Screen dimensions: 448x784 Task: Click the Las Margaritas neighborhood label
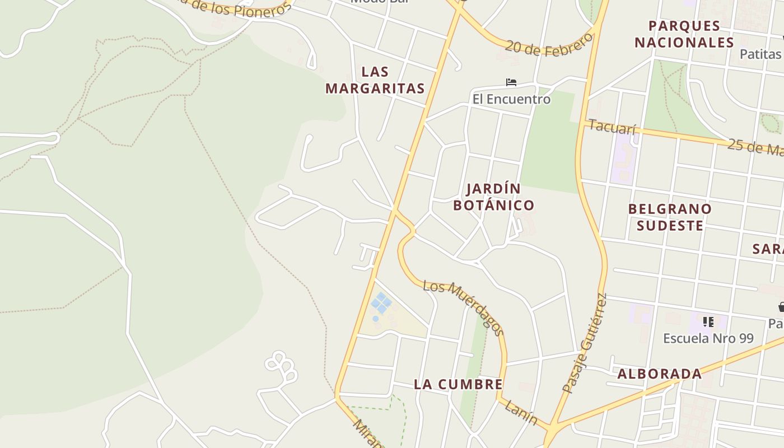[375, 80]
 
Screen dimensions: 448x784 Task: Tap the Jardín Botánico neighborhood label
[493, 197]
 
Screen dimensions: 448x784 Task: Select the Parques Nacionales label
[684, 34]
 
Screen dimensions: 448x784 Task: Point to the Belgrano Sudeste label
[670, 217]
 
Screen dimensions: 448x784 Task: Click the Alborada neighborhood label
[659, 374]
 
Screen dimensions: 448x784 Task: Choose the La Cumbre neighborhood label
[458, 384]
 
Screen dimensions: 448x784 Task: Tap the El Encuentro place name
[511, 99]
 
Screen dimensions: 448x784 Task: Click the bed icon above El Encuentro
[511, 82]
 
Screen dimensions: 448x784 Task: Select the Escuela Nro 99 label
[708, 338]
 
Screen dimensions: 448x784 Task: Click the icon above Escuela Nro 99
[708, 322]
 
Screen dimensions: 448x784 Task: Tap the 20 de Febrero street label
[548, 44]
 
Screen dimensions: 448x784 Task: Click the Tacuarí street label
[613, 127]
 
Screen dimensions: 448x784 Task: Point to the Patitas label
[760, 54]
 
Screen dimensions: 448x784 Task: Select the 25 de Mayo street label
[756, 148]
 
